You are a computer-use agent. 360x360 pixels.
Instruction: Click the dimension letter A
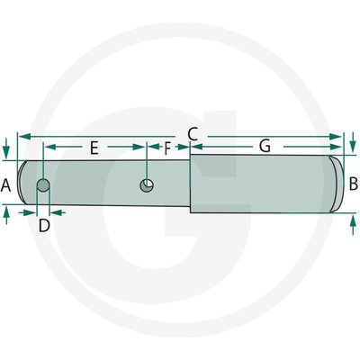coord(5,185)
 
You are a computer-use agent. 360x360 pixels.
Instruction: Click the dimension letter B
coord(354,184)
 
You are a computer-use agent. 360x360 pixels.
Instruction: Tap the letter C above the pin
coord(193,134)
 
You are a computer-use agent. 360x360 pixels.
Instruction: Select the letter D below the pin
coord(44,225)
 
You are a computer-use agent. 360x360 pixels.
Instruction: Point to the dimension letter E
coord(94,148)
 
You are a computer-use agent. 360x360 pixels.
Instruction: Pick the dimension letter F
coord(167,148)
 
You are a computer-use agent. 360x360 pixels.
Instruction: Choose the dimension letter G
coord(265,147)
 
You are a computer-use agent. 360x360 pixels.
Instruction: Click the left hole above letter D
coord(43,185)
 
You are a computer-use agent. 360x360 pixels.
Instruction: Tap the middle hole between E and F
coord(147,185)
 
